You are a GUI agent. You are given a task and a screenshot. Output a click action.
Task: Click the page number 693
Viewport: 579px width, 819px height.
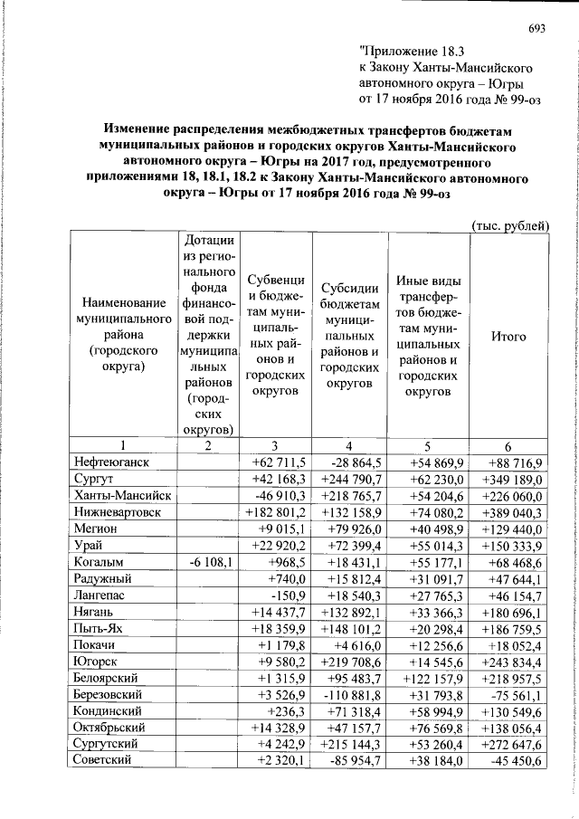[x=536, y=27]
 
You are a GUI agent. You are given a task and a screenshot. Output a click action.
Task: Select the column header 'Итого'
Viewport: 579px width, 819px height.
[x=508, y=336]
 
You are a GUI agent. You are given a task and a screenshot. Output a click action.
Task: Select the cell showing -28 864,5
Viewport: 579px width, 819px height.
[x=346, y=462]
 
